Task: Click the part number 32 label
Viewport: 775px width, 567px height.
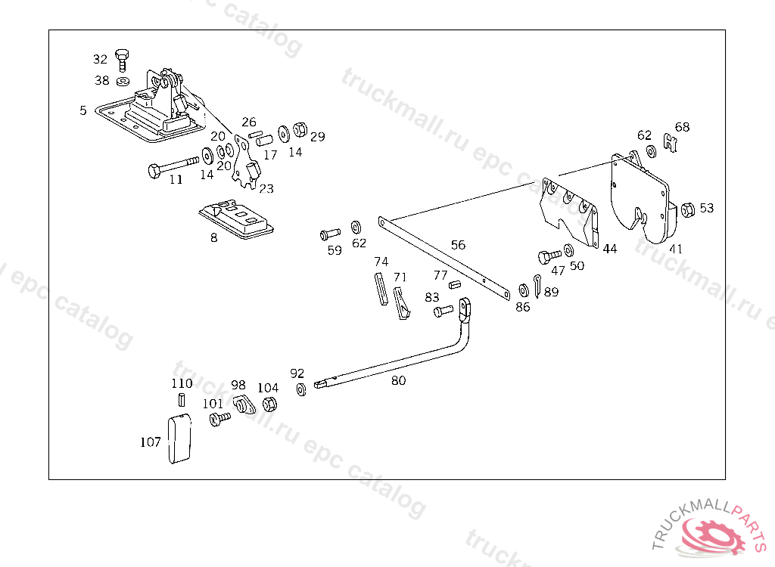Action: pyautogui.click(x=100, y=59)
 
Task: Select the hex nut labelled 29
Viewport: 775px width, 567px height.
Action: pyautogui.click(x=299, y=130)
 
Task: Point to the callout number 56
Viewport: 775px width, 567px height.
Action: pyautogui.click(x=458, y=245)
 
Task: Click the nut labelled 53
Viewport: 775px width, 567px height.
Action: pyautogui.click(x=688, y=209)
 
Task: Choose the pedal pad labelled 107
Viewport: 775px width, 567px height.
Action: pyautogui.click(x=179, y=438)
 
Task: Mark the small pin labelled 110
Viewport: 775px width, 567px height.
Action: pyautogui.click(x=182, y=399)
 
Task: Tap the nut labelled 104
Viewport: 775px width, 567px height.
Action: pyautogui.click(x=269, y=404)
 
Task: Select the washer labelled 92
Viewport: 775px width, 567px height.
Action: pyautogui.click(x=301, y=389)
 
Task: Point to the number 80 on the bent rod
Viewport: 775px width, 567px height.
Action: pyautogui.click(x=398, y=380)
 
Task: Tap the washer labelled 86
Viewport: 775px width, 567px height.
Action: pyautogui.click(x=523, y=290)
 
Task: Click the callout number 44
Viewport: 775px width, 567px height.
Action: pyautogui.click(x=610, y=249)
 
